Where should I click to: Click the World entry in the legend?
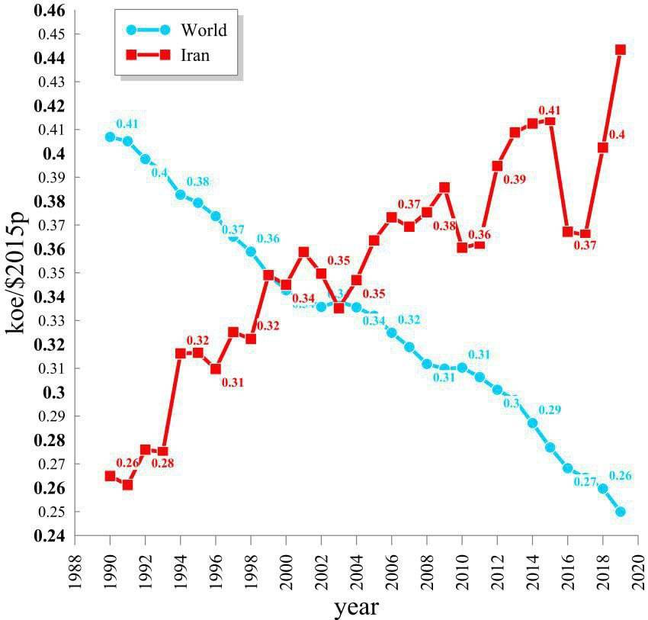[204, 31]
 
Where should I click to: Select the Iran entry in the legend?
[195, 55]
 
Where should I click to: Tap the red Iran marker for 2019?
[621, 50]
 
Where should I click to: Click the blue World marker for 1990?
[110, 137]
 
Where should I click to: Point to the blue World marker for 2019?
[621, 512]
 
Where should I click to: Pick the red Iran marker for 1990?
[110, 476]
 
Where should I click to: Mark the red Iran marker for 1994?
[181, 354]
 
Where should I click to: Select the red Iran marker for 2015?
[550, 120]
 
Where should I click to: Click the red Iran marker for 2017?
[585, 234]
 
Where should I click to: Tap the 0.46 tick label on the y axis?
[50, 11]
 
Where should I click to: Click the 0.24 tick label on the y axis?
[50, 536]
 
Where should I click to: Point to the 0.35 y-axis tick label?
[50, 273]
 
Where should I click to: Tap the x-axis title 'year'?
[356, 608]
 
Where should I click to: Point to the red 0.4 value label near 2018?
[618, 135]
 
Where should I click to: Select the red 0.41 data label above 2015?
[549, 111]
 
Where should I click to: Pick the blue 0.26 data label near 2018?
[621, 477]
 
